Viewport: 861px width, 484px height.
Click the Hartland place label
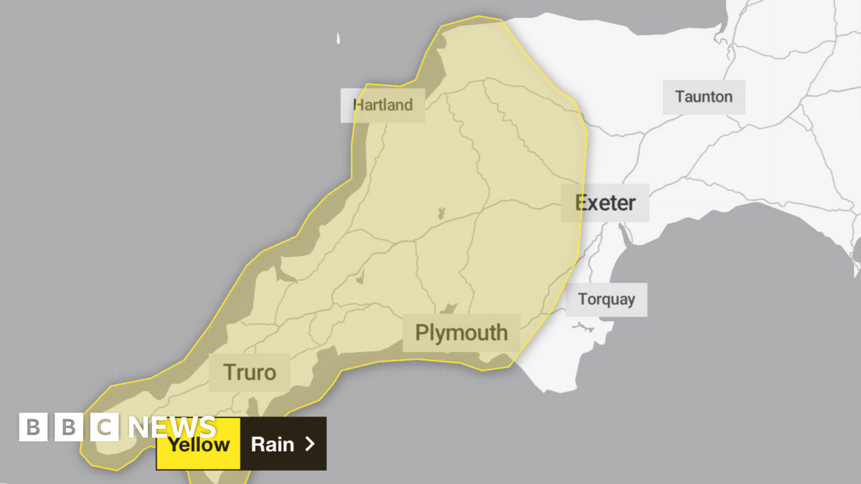click(x=382, y=105)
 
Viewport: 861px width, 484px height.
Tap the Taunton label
click(x=703, y=97)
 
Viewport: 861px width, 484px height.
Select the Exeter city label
click(x=606, y=203)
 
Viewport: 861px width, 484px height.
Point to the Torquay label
click(x=606, y=299)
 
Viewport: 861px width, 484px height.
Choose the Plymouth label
click(x=461, y=333)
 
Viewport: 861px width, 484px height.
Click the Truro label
click(x=249, y=372)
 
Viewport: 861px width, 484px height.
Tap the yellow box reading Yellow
click(x=198, y=444)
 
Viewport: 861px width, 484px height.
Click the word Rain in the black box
click(x=273, y=444)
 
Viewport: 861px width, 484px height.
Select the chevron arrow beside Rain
click(x=310, y=444)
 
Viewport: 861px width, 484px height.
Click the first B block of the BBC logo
click(x=32, y=428)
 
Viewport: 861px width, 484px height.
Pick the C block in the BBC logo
click(x=105, y=428)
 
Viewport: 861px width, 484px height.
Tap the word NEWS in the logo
click(x=172, y=428)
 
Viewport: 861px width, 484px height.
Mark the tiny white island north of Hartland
click(x=337, y=39)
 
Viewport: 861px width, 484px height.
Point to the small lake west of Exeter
click(x=441, y=212)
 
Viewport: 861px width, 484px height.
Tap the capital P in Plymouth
click(x=422, y=333)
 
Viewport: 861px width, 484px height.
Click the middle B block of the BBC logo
click(x=69, y=428)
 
